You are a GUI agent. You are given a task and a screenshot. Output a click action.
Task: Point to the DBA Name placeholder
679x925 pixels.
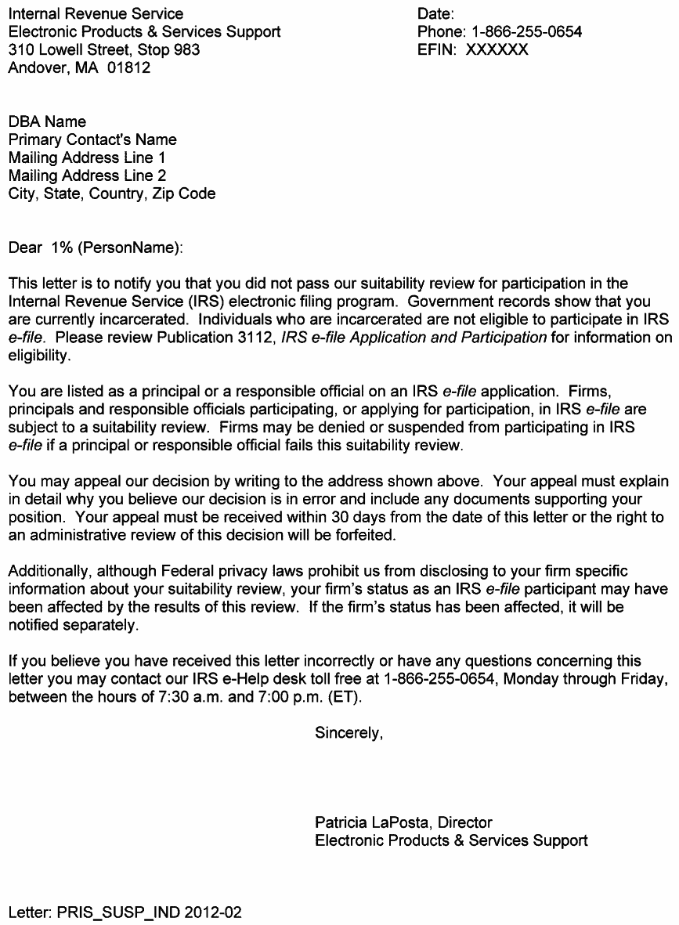(47, 122)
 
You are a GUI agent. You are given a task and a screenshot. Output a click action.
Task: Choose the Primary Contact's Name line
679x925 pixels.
(92, 140)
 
